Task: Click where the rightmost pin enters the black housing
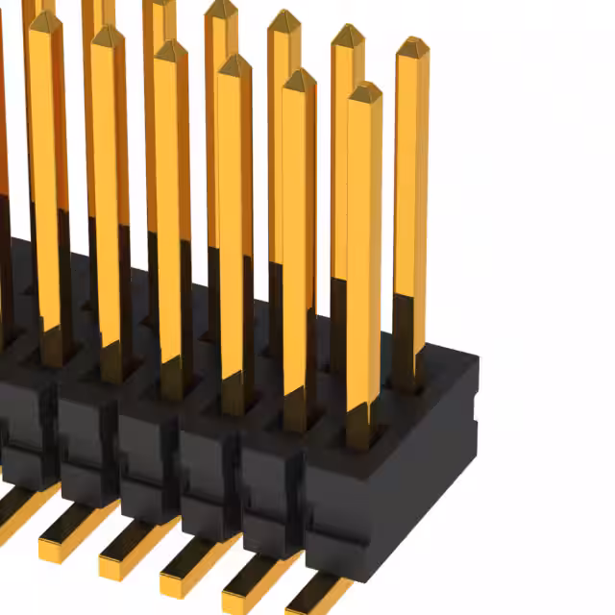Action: click(409, 377)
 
